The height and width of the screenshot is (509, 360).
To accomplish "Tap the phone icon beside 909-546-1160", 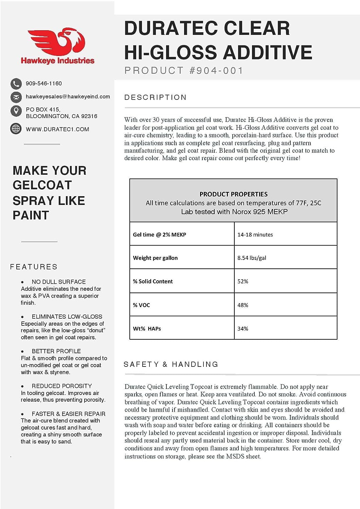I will tap(16, 83).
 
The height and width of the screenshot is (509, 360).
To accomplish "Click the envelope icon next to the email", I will tap(16, 97).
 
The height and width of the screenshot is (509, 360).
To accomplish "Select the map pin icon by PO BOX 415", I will tap(16, 111).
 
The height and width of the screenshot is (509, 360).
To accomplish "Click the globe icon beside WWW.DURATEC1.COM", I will tap(16, 129).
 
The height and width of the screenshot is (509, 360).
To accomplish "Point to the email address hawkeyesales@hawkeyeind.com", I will tap(68, 97).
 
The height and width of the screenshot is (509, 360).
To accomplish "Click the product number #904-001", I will tap(216, 71).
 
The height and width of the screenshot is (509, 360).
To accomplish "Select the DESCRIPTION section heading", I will tap(156, 98).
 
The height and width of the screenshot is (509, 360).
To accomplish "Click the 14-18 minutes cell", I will tap(255, 234).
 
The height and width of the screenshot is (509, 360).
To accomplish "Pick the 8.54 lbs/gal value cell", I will tap(252, 258).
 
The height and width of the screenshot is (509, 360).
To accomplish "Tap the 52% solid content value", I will tap(243, 281).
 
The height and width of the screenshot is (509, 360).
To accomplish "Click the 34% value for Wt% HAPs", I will tap(243, 328).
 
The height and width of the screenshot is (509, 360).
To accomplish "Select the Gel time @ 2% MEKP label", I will tap(159, 234).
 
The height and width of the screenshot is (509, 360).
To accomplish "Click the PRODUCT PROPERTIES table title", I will tap(233, 194).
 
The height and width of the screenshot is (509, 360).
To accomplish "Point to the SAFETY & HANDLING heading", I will tap(171, 364).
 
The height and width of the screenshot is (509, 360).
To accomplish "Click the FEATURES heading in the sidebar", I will tap(34, 267).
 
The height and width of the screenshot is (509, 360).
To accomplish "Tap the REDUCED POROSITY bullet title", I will tap(62, 386).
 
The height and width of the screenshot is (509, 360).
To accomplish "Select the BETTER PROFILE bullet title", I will tap(56, 351).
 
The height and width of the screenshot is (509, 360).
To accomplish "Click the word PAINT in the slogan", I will tap(31, 215).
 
